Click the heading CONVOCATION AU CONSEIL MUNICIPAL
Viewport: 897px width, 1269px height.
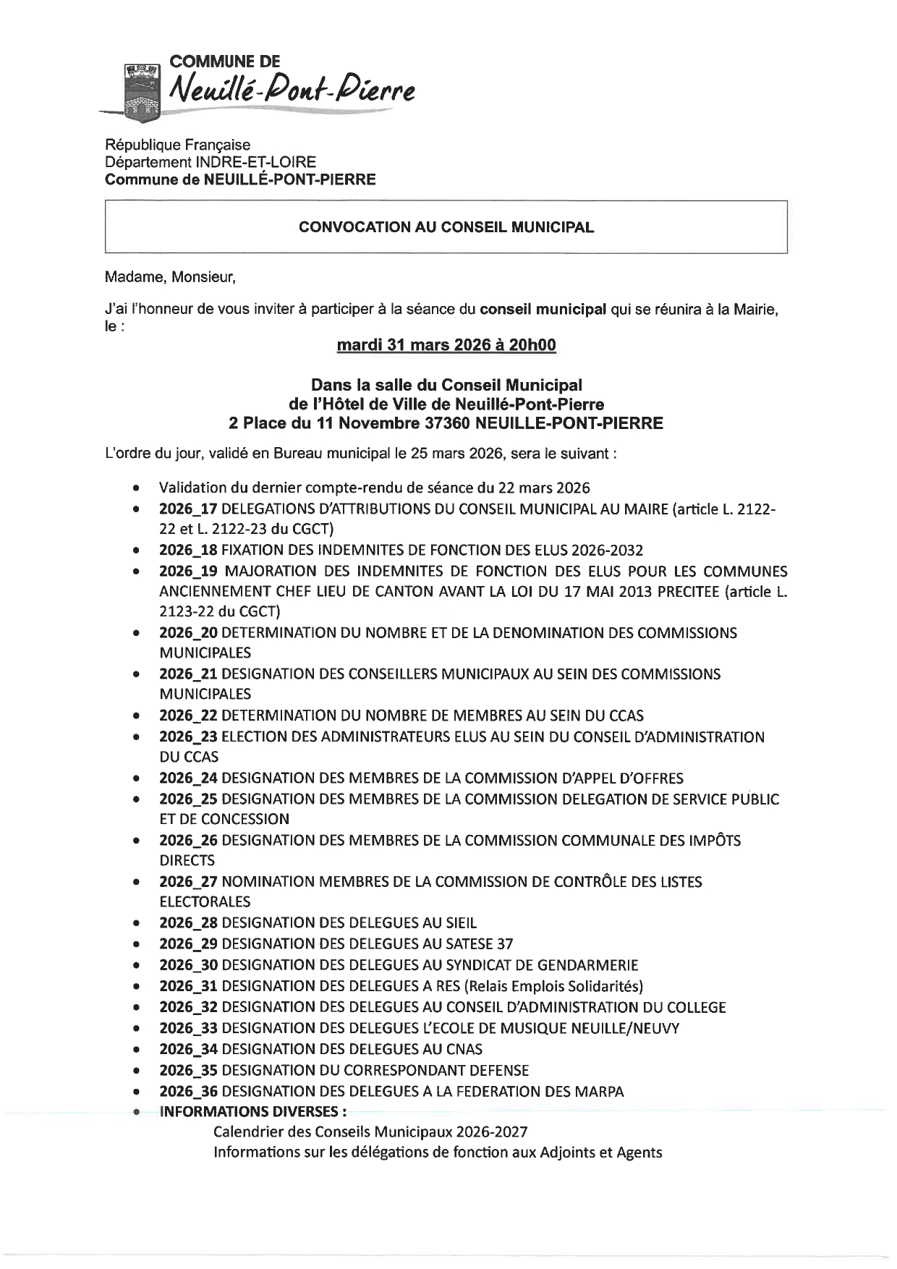coord(446,227)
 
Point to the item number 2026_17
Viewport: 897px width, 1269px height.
coord(188,509)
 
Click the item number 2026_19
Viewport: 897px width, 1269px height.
coord(188,572)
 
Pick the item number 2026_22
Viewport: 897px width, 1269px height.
coord(188,716)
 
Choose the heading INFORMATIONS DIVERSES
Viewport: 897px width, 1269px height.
coord(252,1112)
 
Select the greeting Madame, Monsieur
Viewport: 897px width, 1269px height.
coord(170,276)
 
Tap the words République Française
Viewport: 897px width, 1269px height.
coord(177,145)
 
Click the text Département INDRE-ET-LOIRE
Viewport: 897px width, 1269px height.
coord(211,163)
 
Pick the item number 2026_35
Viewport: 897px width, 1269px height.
coord(188,1070)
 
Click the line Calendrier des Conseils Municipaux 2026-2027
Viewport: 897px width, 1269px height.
coord(370,1132)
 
